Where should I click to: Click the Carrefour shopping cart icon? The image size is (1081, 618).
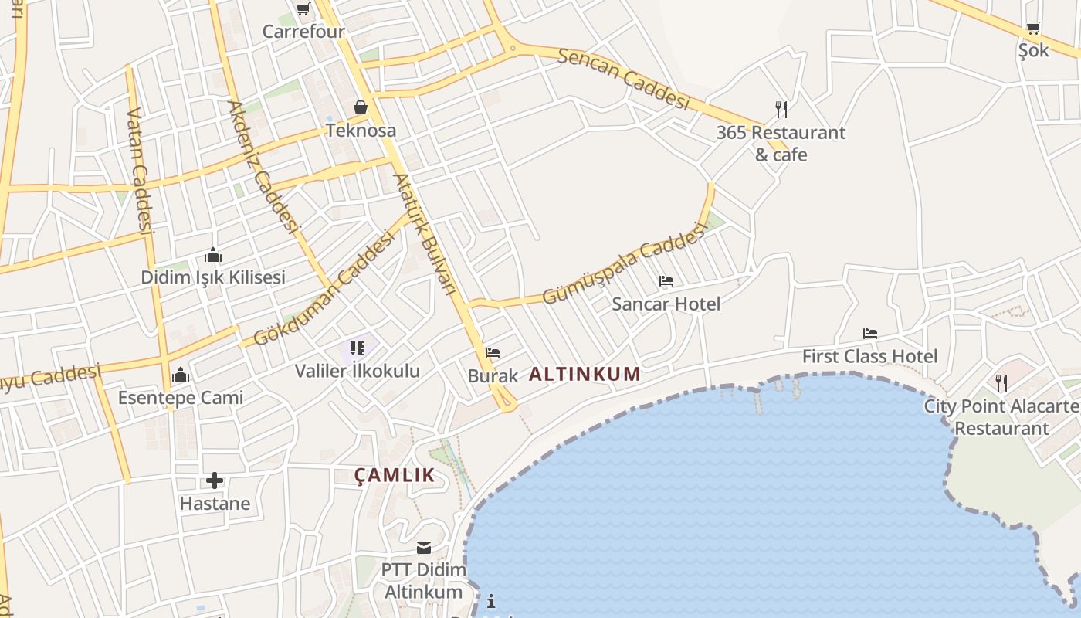[x=303, y=9]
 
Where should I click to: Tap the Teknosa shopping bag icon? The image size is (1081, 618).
[x=361, y=107]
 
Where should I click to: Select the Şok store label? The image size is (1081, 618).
[x=1033, y=50]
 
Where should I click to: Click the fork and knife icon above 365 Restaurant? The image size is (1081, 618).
[x=781, y=109]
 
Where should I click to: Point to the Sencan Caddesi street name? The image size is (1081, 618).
[x=622, y=79]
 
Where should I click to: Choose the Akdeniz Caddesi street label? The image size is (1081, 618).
[x=263, y=167]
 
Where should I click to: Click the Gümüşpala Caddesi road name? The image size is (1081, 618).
[x=624, y=263]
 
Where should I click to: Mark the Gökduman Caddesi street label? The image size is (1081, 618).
[x=324, y=289]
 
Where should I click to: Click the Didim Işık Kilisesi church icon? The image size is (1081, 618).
[x=213, y=255]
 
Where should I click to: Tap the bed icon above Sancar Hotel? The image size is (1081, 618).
[x=666, y=281]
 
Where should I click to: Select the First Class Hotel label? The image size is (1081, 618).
[x=869, y=356]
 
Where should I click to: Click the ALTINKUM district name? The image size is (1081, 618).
[x=585, y=375]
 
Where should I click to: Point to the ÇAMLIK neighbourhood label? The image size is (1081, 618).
[x=395, y=475]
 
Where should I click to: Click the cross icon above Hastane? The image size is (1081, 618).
[x=215, y=481]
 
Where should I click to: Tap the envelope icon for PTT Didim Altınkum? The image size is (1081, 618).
[x=424, y=548]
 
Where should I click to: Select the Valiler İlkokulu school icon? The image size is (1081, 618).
[x=357, y=349]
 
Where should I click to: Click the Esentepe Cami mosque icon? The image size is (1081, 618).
[x=181, y=375]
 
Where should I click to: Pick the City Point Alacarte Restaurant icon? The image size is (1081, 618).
[x=1001, y=383]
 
